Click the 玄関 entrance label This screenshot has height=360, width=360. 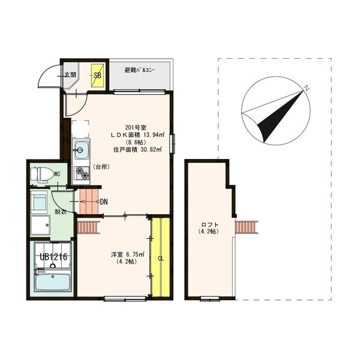70,75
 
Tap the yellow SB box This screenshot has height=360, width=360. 97,76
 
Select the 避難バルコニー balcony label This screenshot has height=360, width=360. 139,70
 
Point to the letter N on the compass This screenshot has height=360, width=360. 306,88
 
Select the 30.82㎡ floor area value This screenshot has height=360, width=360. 150,150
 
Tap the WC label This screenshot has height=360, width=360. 57,175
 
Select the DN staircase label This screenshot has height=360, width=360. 103,202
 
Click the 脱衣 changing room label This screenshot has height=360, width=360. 61,211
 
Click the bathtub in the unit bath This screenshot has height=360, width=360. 53,283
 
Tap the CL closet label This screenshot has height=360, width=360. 160,259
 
